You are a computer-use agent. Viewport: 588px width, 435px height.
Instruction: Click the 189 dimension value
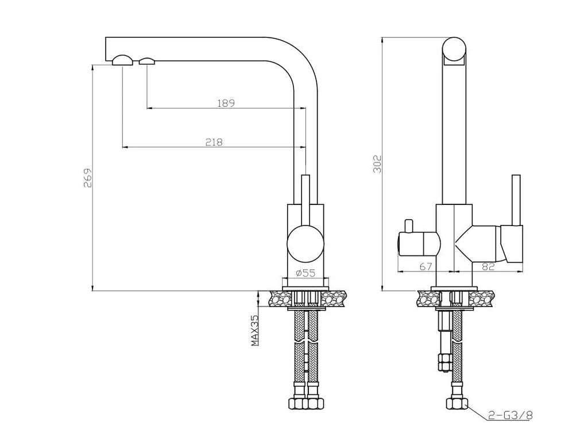click(226, 103)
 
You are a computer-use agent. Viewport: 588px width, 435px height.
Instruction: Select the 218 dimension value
click(214, 142)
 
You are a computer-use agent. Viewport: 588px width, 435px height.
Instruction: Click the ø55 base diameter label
click(305, 273)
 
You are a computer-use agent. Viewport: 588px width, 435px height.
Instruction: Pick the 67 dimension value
click(425, 266)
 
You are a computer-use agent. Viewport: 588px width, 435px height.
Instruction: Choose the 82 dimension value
click(488, 266)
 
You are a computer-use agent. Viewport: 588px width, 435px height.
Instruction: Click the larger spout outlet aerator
click(122, 61)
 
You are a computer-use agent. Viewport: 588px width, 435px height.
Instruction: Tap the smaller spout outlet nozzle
click(147, 61)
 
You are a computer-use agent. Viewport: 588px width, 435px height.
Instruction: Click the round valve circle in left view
click(305, 243)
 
